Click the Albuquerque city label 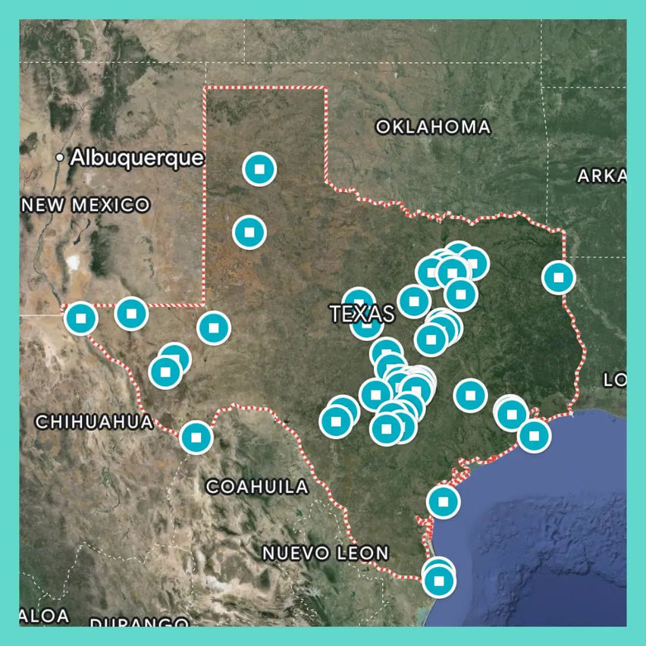point(136,158)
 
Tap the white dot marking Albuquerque point(61,158)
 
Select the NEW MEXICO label point(85,205)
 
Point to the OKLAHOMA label point(433,127)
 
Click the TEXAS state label point(362,313)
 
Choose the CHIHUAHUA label point(93,422)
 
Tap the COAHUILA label point(258,487)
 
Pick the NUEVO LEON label point(325,553)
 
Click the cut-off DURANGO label point(140,623)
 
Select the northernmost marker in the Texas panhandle point(259,169)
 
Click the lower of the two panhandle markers point(249,232)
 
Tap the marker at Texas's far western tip point(81,318)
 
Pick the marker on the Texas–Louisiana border point(559,278)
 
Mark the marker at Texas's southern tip point(438,581)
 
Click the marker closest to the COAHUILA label point(196,437)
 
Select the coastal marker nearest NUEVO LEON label point(443,502)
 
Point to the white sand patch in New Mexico point(74,263)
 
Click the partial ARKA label point(601,176)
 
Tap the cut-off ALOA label point(43,615)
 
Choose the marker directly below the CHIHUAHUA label point(196,437)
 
